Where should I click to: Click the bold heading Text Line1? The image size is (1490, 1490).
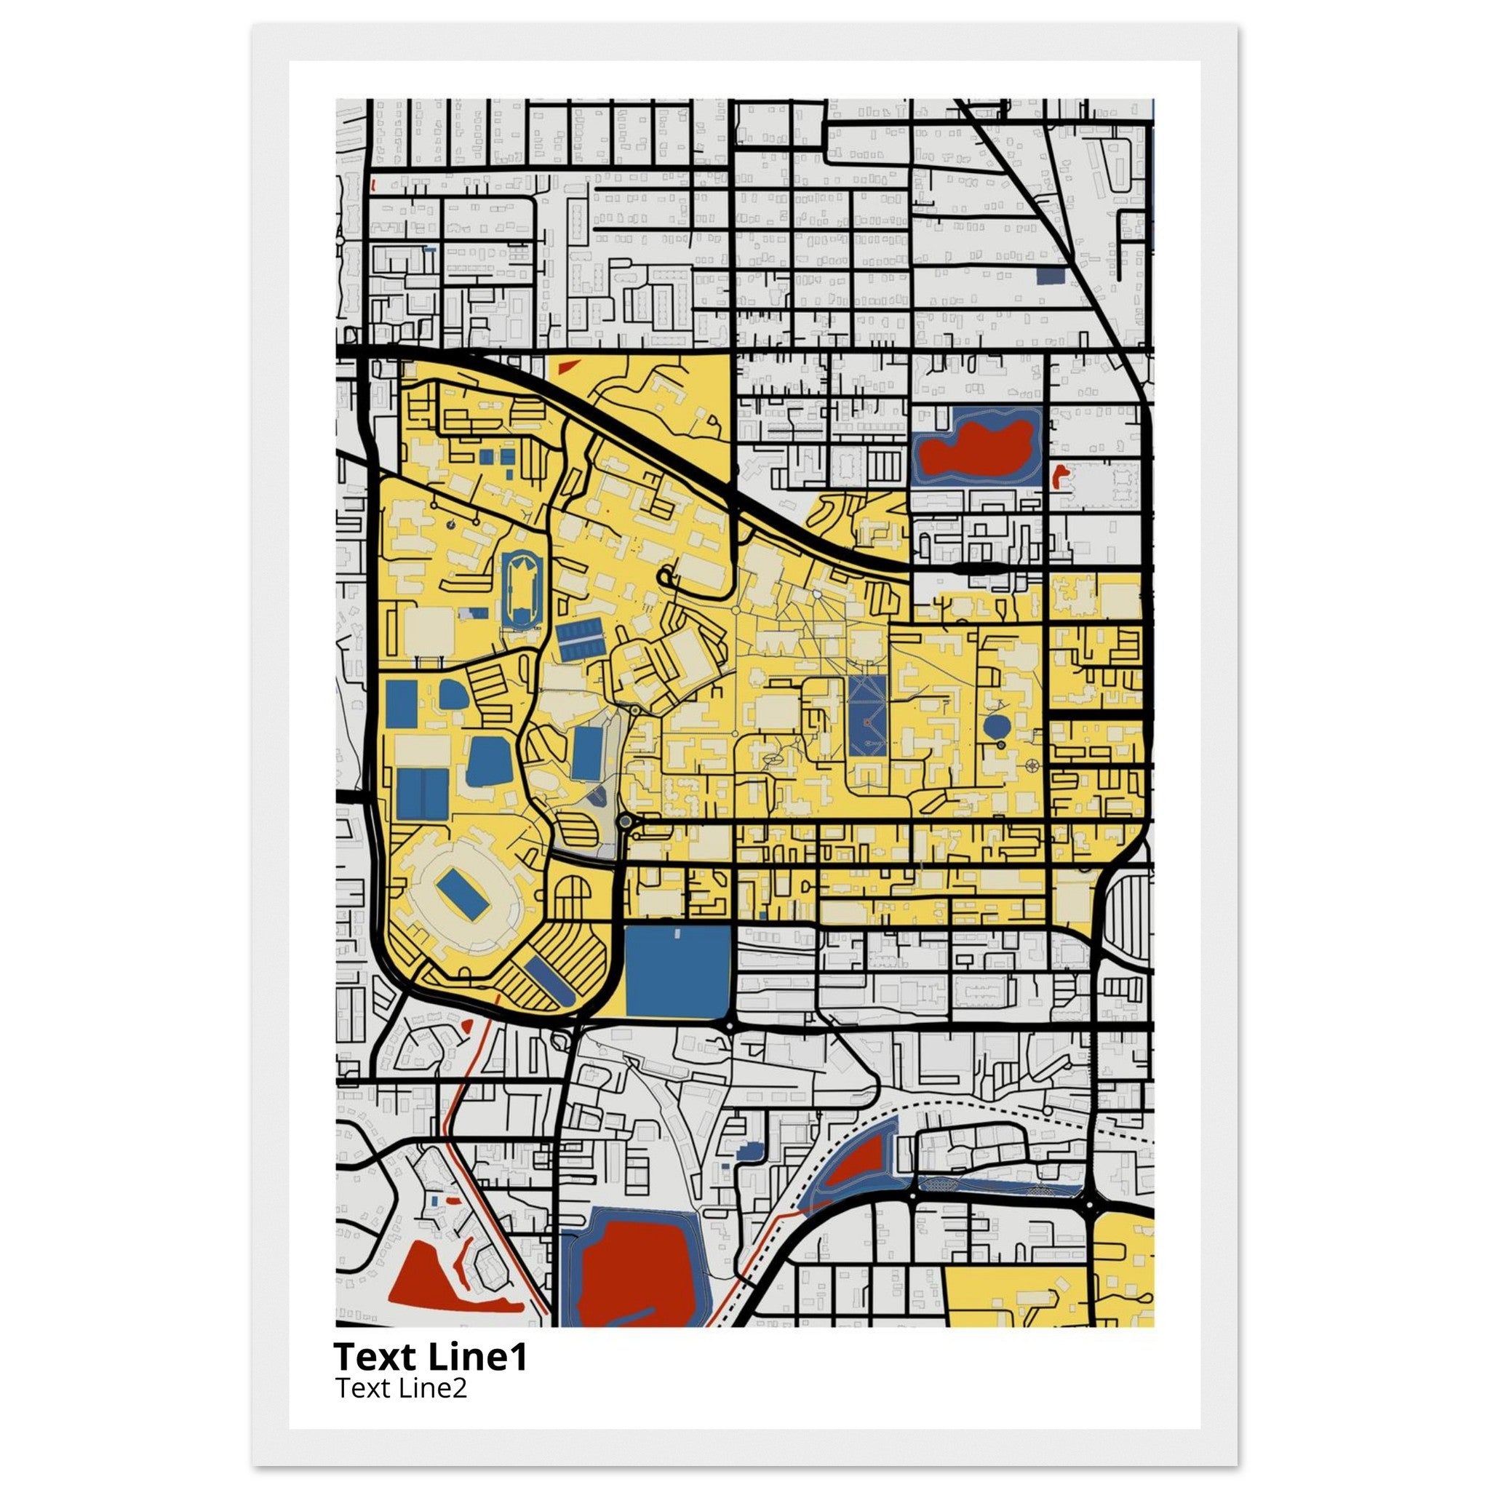tap(431, 1357)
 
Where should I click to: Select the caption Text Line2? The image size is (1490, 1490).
tap(400, 1388)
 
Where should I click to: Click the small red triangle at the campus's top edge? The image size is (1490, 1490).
tap(570, 367)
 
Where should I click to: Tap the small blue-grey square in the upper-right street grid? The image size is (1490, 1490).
tap(1051, 276)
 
